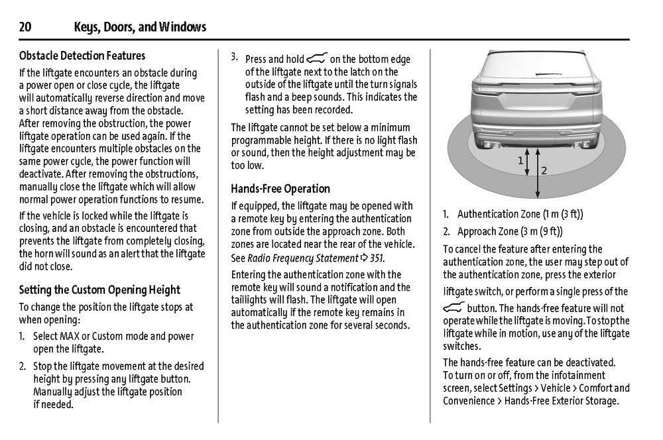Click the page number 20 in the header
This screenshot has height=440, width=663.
25,27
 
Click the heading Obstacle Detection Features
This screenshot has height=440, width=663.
82,56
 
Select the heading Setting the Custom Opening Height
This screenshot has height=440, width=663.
99,290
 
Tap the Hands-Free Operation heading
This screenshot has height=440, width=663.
280,188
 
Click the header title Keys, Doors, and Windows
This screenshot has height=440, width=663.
140,27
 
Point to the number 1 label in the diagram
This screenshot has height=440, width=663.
520,160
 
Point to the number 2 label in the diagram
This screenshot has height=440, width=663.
544,171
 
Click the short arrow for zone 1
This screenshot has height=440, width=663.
528,162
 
